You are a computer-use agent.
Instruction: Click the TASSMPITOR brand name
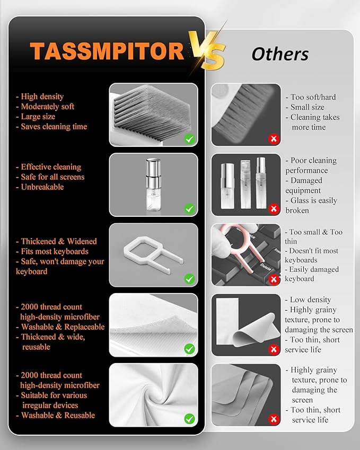pyautogui.click(x=106, y=51)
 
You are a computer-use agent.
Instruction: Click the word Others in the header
pyautogui.click(x=280, y=54)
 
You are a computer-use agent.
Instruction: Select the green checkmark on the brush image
pyautogui.click(x=189, y=139)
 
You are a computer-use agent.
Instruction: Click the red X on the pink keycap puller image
pyautogui.click(x=274, y=279)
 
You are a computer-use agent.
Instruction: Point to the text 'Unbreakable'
pyautogui.click(x=42, y=187)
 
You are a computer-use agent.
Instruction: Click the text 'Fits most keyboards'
pyautogui.click(x=55, y=251)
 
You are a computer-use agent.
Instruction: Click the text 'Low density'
pyautogui.click(x=310, y=300)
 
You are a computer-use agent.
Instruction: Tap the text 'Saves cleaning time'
pyautogui.click(x=54, y=127)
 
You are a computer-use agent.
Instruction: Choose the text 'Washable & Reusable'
pyautogui.click(x=58, y=416)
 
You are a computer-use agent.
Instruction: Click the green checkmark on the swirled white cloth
pyautogui.click(x=189, y=419)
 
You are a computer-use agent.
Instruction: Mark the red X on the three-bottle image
pyautogui.click(x=274, y=209)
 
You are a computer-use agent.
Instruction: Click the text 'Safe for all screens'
pyautogui.click(x=52, y=177)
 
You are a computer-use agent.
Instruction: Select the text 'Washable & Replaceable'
pyautogui.click(x=63, y=327)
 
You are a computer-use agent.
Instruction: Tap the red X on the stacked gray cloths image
pyautogui.click(x=274, y=419)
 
